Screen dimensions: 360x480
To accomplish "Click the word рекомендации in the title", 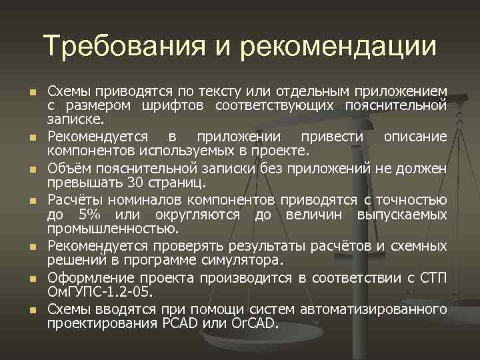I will [x=338, y=46].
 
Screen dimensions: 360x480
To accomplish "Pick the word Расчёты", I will [x=75, y=199].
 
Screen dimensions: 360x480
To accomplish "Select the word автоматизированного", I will [x=373, y=309].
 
